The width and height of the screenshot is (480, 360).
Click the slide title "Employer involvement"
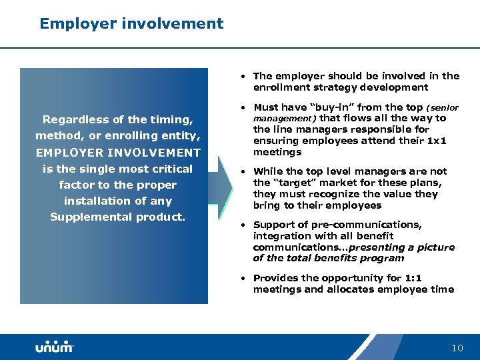131,24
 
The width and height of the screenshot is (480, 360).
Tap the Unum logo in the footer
54,347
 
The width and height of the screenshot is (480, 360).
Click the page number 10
457,348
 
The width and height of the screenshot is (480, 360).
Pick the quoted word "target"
289,183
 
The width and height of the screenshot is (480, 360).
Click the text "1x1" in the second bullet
436,141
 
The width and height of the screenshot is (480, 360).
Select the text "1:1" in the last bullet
413,278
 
